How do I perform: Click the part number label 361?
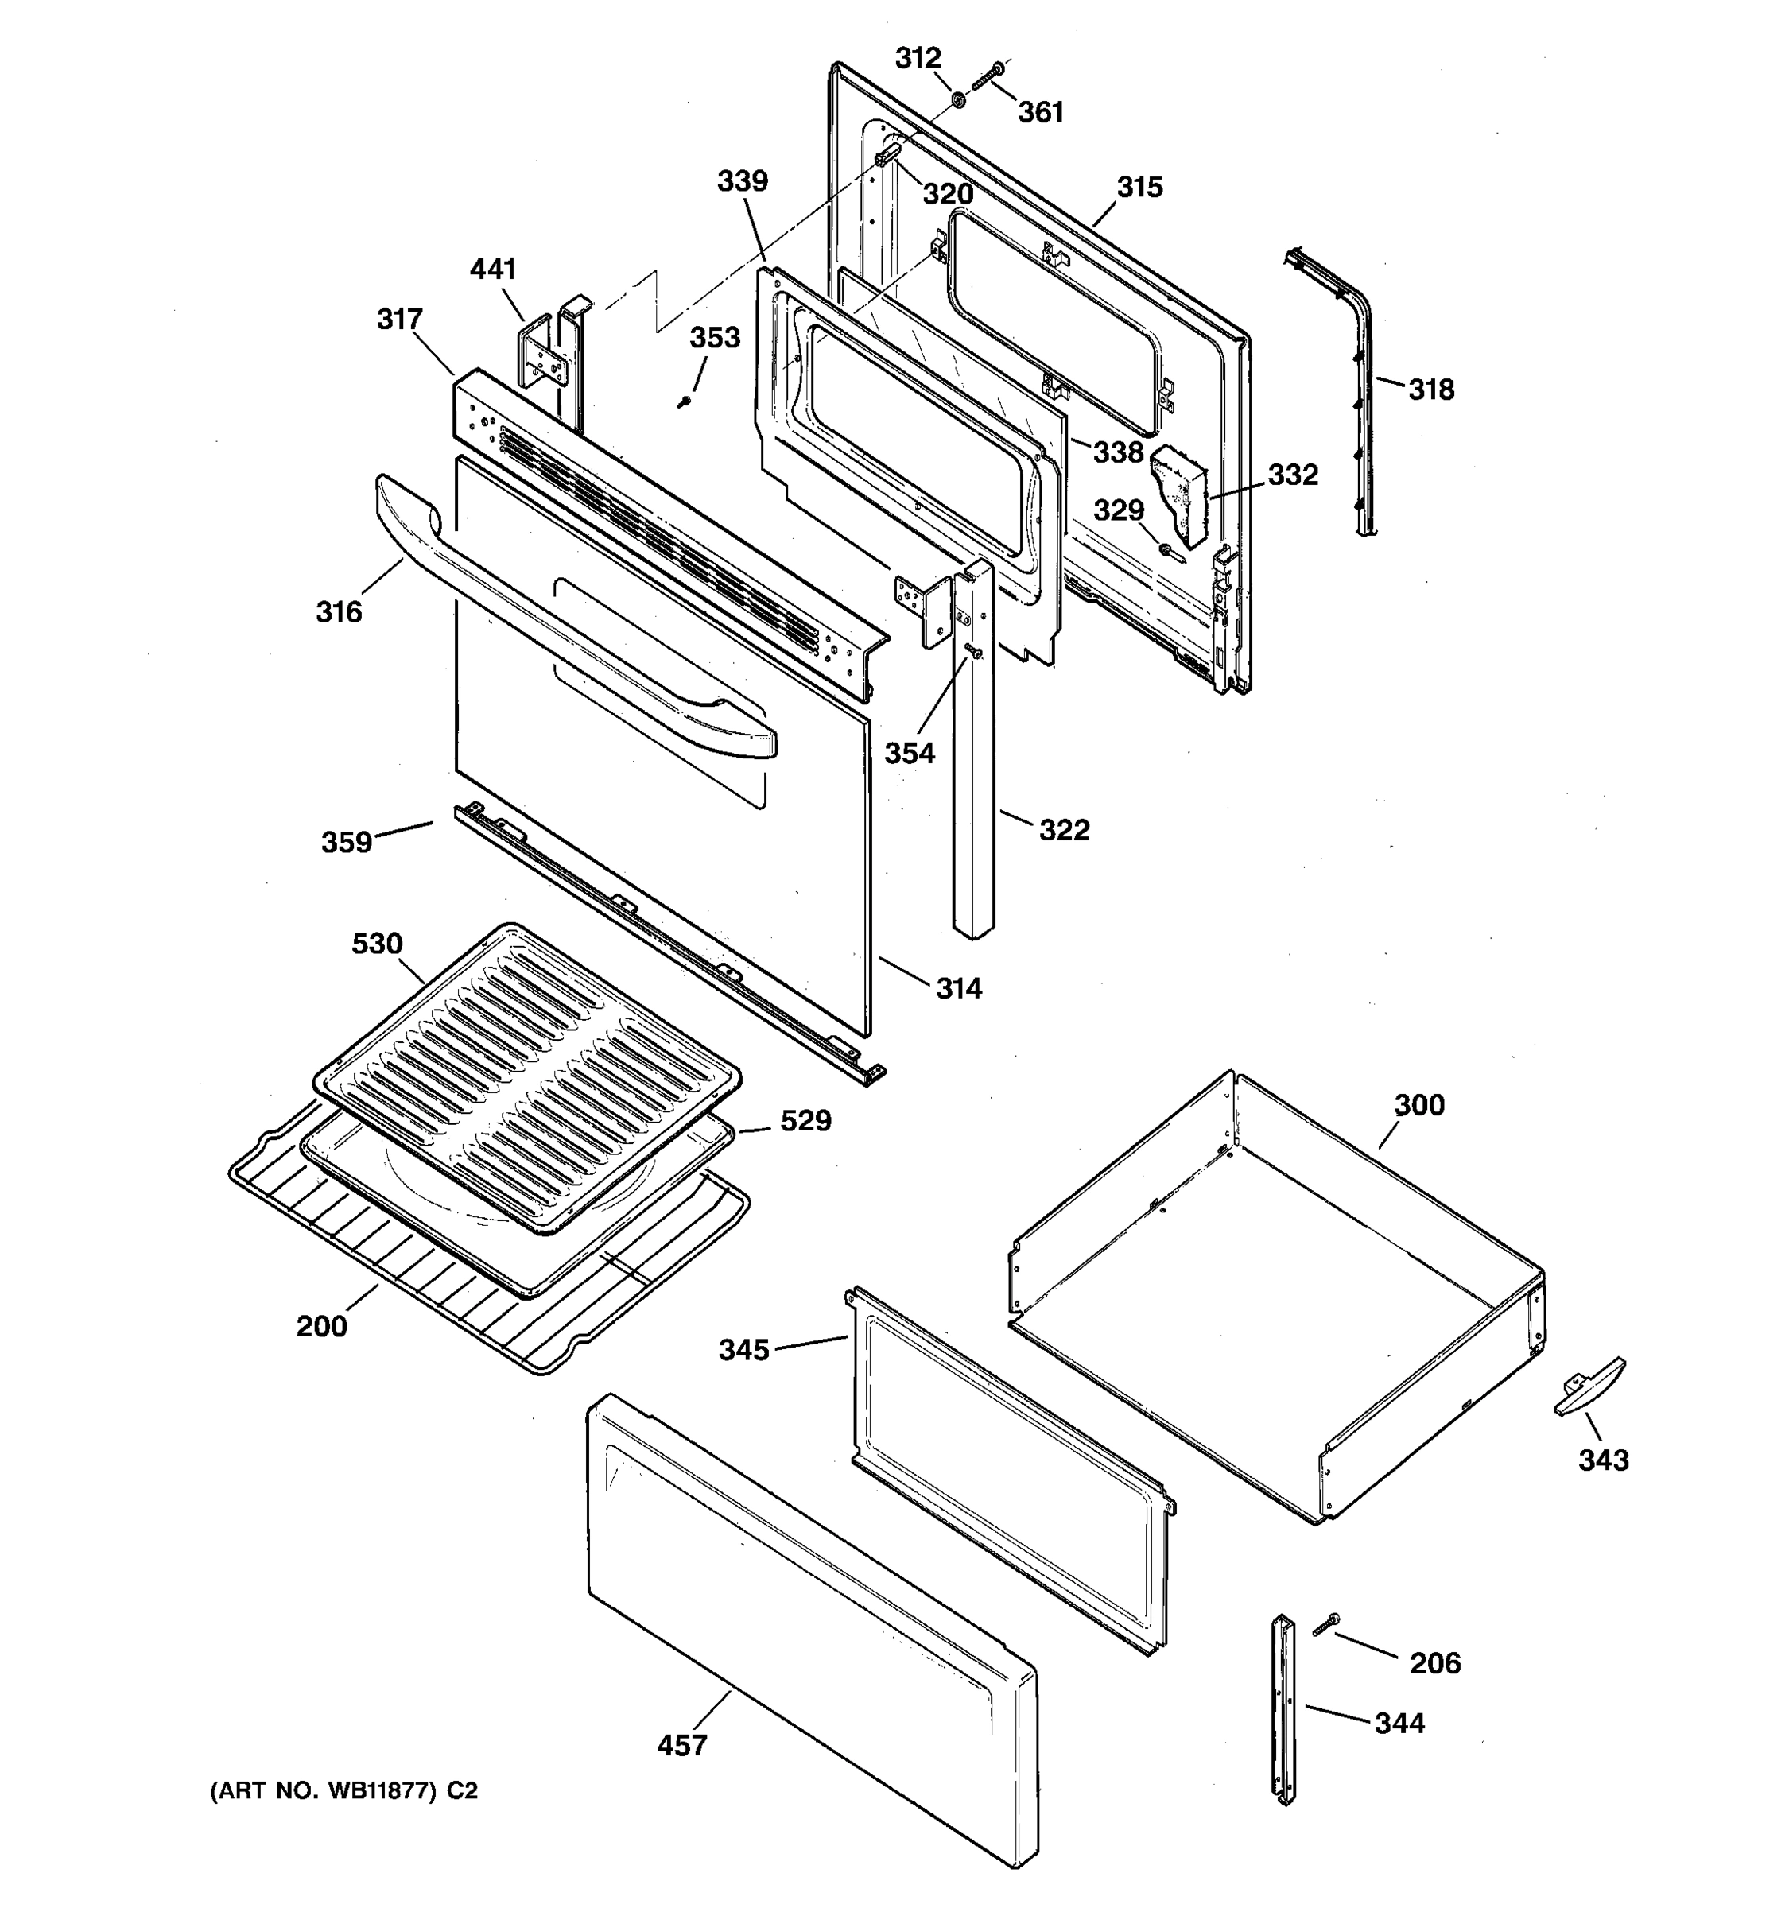click(x=1040, y=112)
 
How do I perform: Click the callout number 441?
click(x=492, y=270)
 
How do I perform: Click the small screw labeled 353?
click(x=685, y=402)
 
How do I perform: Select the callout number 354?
click(x=909, y=754)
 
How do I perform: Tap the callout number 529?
click(x=805, y=1121)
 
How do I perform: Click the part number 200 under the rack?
click(x=321, y=1326)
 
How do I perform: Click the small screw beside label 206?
click(x=1325, y=1624)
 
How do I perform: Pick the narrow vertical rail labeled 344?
click(x=1284, y=1708)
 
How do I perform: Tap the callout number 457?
click(x=682, y=1745)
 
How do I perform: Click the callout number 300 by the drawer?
click(x=1418, y=1105)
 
